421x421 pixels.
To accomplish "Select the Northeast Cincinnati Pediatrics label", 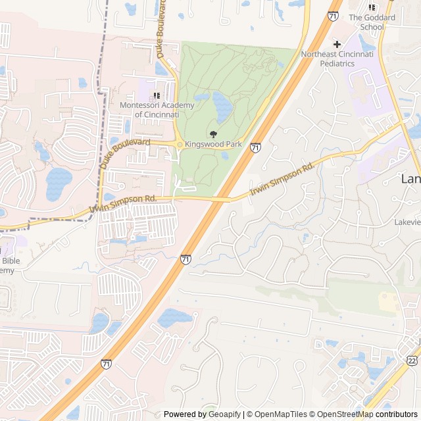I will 337,59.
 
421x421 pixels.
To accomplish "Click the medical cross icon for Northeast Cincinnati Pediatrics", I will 337,43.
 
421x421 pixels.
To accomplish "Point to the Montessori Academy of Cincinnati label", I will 157,110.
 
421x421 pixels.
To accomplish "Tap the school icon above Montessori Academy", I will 157,95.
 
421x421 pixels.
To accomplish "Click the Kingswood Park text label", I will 213,144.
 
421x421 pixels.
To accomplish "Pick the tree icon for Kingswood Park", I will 212,134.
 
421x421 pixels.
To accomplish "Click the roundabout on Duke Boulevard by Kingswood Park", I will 179,145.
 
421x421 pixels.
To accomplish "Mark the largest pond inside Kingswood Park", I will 222,107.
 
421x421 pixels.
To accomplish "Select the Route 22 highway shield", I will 412,360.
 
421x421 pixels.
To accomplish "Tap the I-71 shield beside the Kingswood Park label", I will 255,148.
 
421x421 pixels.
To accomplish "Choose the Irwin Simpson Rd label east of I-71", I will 282,180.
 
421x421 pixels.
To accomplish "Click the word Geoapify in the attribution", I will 224,414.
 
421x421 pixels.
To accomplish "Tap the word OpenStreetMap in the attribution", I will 341,414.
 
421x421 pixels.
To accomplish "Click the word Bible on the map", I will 11,260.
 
